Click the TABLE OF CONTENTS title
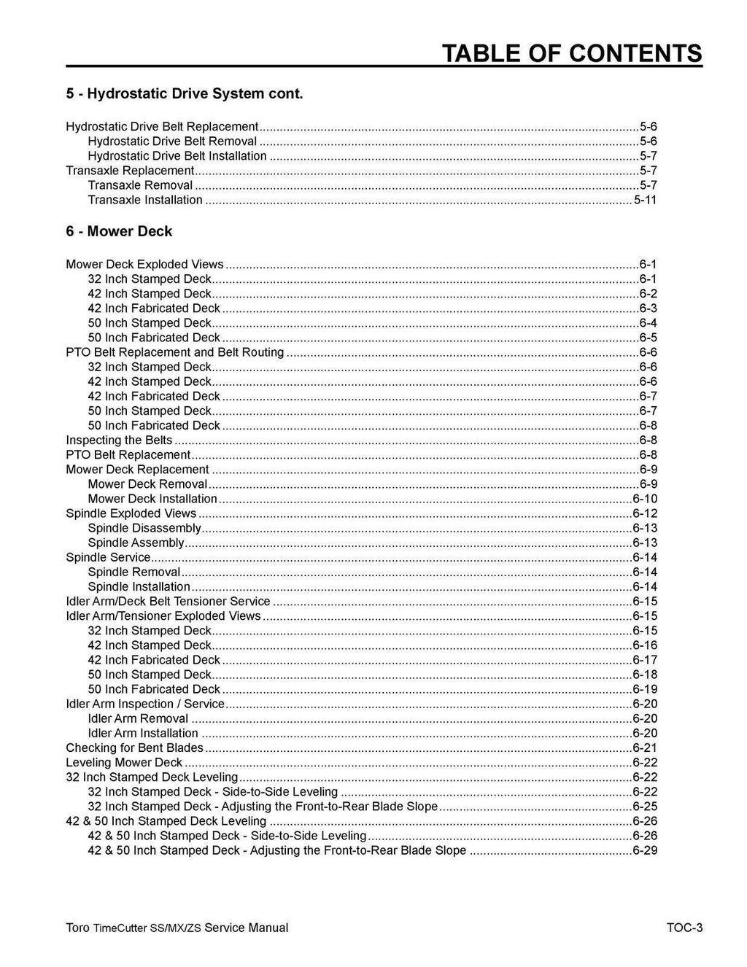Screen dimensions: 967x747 (x=572, y=53)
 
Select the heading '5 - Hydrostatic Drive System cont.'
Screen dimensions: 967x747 (x=184, y=94)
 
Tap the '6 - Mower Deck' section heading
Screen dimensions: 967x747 (x=119, y=231)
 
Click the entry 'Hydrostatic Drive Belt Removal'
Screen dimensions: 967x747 (x=172, y=141)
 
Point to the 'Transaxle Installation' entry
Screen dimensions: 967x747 (x=145, y=200)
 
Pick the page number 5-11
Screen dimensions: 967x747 (x=645, y=200)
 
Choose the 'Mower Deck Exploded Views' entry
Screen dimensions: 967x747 (x=144, y=264)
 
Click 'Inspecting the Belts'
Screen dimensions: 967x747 (x=119, y=440)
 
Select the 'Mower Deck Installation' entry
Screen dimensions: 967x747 (x=152, y=499)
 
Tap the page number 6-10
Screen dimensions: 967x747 (x=645, y=499)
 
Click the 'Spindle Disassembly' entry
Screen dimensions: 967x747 (x=144, y=528)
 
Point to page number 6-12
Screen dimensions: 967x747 (x=645, y=513)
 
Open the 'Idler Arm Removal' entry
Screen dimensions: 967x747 (x=138, y=718)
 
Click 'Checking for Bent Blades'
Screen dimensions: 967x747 (x=134, y=747)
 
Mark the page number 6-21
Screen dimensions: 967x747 (x=645, y=747)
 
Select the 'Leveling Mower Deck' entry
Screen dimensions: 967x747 (x=124, y=762)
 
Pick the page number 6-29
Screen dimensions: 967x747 (x=645, y=850)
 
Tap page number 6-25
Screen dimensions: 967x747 (x=645, y=807)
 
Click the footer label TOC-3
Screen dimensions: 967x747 (x=684, y=928)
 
